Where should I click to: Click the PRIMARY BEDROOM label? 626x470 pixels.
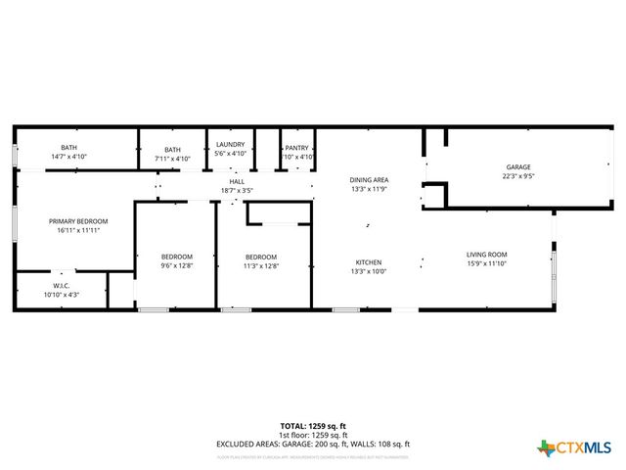[78, 221]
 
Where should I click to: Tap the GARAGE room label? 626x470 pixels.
[517, 166]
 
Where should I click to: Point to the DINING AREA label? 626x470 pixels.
[370, 179]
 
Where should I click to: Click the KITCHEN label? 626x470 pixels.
[369, 262]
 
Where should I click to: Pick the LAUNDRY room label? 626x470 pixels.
[231, 145]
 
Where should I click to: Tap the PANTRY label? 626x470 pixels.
[297, 148]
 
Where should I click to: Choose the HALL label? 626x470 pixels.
[237, 181]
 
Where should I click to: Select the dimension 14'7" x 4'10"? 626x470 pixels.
[68, 157]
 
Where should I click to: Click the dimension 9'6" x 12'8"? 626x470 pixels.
[177, 264]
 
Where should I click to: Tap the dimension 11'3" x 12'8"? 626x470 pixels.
[261, 264]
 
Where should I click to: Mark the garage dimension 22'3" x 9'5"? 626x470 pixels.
[517, 176]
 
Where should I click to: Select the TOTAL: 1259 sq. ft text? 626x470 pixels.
[312, 426]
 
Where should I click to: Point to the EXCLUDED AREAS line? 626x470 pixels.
[312, 444]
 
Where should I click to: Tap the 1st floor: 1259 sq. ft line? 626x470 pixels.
[312, 435]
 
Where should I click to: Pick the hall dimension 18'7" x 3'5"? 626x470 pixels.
[237, 190]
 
